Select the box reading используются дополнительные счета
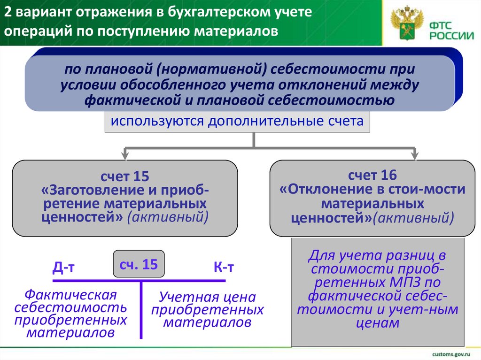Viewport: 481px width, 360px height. point(237,122)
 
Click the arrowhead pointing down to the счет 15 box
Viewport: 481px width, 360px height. point(125,154)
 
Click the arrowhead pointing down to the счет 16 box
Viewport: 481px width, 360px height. point(415,154)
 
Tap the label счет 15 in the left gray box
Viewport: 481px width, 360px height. point(124,177)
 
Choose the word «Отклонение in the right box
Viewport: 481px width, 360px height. point(319,190)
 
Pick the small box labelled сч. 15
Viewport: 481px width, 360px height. point(138,264)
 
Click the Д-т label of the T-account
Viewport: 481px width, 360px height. point(64,268)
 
